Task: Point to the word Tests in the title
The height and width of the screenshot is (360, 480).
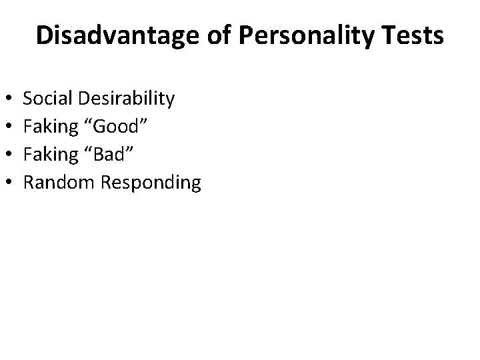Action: click(x=413, y=36)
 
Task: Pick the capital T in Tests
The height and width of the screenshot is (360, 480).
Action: click(x=390, y=36)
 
